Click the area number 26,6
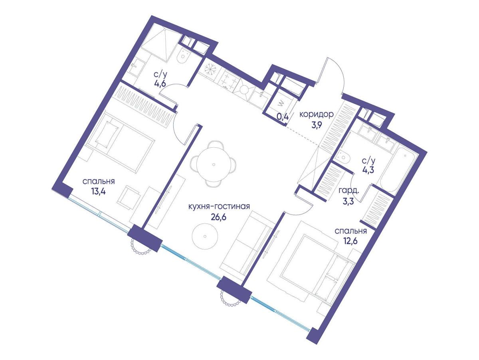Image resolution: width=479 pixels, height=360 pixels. point(219,217)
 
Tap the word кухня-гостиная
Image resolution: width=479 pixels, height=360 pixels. point(219,206)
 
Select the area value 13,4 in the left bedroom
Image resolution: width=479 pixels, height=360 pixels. point(99,192)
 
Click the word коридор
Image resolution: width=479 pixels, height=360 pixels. point(317,114)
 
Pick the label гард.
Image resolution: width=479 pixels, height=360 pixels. point(348,191)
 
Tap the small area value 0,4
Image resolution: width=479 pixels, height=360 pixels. point(283,117)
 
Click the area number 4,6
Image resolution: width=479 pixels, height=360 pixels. point(160,84)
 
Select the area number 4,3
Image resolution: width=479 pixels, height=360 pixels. point(368,170)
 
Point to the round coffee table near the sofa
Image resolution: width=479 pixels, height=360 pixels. point(205,236)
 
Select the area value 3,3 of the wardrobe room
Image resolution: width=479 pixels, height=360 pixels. point(348,202)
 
